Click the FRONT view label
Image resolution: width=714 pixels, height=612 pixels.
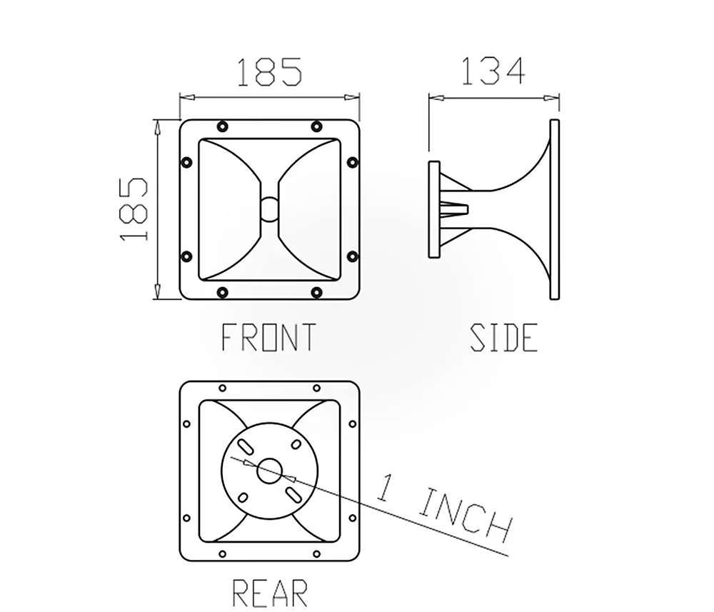coord(268,337)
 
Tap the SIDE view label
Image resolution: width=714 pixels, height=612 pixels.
coord(504,337)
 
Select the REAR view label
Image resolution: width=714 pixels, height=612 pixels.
coord(270,593)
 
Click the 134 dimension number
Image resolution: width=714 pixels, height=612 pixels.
coord(493,71)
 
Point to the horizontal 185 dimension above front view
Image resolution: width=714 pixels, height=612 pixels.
coord(269,71)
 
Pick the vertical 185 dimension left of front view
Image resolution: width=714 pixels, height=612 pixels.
coord(134,209)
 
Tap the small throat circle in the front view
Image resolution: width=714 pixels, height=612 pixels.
coord(269,209)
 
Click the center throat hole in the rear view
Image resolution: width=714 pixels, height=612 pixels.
coord(270,471)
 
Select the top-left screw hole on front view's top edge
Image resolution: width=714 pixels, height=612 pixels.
coord(222,126)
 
